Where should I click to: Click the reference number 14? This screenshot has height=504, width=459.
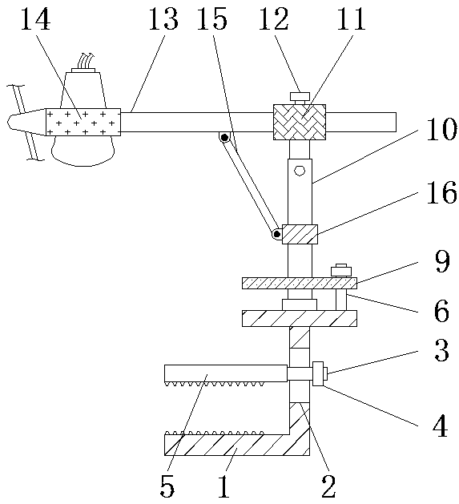(36, 19)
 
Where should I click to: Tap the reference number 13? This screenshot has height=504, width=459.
(163, 19)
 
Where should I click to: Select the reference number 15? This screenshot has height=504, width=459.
(212, 19)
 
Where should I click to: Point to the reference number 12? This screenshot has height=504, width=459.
(274, 19)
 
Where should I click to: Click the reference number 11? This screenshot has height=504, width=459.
(351, 19)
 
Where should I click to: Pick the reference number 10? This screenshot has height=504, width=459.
(441, 129)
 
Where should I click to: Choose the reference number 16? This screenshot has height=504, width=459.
(441, 192)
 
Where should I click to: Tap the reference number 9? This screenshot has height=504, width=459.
(442, 261)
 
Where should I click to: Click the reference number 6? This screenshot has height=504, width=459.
(441, 311)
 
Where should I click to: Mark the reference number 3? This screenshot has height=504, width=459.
(441, 350)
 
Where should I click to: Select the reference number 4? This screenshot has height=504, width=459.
(441, 425)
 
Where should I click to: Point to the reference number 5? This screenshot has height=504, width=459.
(167, 486)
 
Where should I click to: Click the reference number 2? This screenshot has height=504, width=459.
(328, 486)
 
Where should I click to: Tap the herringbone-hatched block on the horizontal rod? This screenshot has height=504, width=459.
(300, 122)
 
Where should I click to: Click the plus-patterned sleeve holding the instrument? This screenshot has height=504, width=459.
(83, 122)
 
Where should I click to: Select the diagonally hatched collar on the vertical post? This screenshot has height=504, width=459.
(300, 234)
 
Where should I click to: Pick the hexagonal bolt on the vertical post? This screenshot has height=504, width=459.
(300, 171)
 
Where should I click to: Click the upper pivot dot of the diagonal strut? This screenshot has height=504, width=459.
(224, 138)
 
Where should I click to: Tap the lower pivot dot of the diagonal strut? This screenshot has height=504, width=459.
(276, 234)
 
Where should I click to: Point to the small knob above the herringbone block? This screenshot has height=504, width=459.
(300, 96)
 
